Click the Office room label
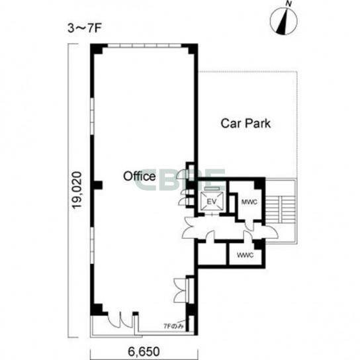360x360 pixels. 140,176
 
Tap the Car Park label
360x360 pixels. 246,123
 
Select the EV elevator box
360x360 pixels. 212,201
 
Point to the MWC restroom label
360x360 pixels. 249,202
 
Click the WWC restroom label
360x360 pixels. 245,255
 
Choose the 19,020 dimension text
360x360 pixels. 77,190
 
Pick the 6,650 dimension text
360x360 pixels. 144,351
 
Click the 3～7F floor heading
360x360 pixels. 85,28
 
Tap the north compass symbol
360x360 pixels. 284,21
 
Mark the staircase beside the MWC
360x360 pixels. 280,210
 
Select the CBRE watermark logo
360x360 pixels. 180,180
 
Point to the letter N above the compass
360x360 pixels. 289,4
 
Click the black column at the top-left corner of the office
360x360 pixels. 97,48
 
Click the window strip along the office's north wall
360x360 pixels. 144,46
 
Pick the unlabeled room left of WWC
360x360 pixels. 212,253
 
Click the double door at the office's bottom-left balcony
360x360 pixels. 120,320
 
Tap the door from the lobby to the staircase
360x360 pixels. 271,232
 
